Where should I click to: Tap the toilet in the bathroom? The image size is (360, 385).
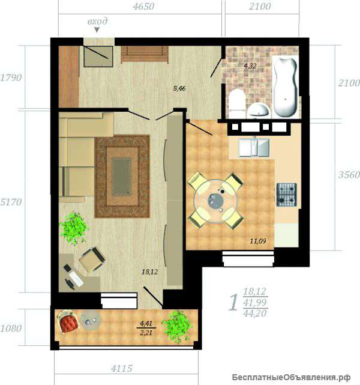tap(236, 103)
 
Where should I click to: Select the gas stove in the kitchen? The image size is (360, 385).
tap(287, 195)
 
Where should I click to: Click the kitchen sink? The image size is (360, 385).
tap(254, 148)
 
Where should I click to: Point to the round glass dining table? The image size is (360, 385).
tap(215, 201)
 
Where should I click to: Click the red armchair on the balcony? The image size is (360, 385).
tap(68, 322)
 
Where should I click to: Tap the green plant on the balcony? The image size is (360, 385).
tap(176, 327)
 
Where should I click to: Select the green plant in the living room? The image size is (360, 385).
tap(74, 228)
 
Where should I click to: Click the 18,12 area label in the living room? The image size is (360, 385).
tap(149, 272)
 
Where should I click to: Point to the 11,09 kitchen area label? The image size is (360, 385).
tap(258, 241)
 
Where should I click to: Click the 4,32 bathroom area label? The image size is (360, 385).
tap(250, 66)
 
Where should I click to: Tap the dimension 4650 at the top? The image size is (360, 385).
tap(143, 6)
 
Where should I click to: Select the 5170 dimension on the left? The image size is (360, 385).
tap(11, 202)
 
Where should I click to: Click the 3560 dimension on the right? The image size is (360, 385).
tap(349, 175)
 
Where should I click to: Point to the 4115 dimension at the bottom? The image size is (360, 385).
tap(122, 368)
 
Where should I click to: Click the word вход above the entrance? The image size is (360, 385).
tap(97, 22)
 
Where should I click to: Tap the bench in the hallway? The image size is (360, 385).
tap(145, 55)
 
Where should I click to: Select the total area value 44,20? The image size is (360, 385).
tap(255, 313)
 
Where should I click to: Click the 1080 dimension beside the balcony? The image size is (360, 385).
tap(11, 329)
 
